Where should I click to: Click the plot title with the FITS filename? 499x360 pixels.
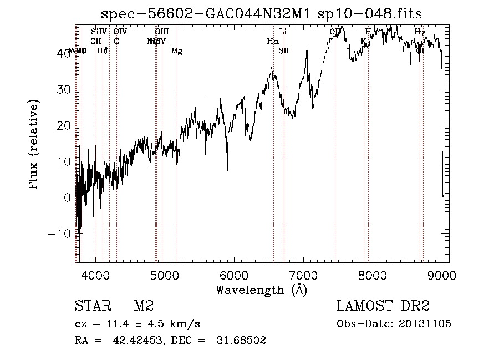264,14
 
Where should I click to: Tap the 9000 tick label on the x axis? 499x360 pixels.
441,275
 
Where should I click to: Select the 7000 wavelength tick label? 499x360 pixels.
303,275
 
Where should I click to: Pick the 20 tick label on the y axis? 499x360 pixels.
64,125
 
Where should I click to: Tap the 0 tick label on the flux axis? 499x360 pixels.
68,197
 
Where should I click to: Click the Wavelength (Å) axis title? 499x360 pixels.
261,290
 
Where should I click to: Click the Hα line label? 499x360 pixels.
272,41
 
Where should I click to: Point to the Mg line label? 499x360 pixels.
177,51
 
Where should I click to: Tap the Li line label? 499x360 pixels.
283,32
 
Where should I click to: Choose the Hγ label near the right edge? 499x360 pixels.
420,32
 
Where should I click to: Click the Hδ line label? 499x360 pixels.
102,51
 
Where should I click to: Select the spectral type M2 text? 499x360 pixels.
144,306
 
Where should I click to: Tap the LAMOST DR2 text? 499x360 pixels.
383,306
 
